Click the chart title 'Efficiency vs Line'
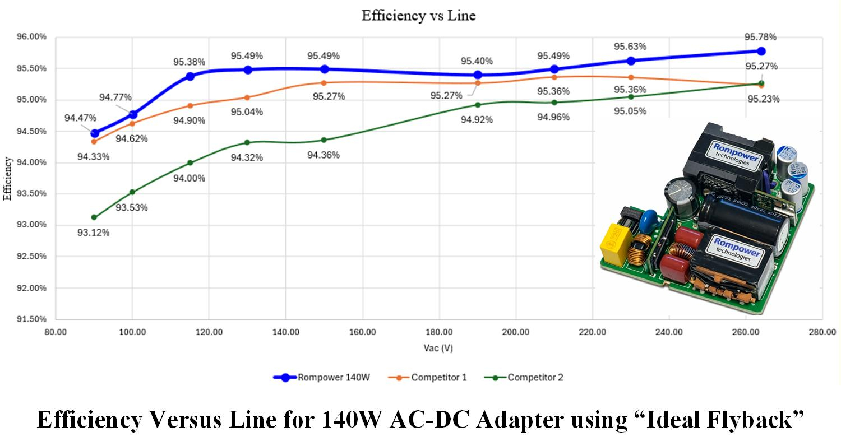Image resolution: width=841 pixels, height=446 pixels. [x=418, y=16]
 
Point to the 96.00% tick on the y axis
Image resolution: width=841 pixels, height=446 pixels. [x=32, y=37]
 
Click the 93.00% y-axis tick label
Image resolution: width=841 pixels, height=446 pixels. [x=32, y=225]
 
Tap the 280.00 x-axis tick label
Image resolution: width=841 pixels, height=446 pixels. [x=822, y=332]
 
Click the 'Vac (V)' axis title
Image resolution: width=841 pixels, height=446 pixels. [x=438, y=348]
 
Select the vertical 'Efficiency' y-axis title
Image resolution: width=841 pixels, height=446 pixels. [x=7, y=179]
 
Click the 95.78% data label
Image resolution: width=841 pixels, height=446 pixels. [x=760, y=37]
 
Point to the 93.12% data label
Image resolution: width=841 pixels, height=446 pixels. [x=93, y=233]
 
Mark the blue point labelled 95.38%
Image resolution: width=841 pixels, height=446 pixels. [x=190, y=76]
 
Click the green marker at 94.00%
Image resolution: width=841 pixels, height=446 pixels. [x=190, y=162]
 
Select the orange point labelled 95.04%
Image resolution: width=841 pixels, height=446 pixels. [x=247, y=97]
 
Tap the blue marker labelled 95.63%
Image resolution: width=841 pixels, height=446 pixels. [x=631, y=61]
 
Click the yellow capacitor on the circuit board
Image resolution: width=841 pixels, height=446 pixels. [x=613, y=245]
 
